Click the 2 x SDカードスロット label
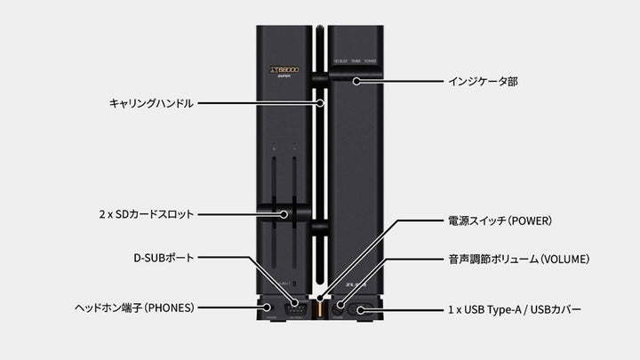[147, 214]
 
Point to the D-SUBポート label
[169, 258]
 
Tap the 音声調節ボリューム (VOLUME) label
[517, 259]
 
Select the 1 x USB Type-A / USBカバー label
[515, 309]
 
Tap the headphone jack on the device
[268, 308]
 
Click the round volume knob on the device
[339, 309]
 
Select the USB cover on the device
[364, 309]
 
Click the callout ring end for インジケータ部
[355, 81]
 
